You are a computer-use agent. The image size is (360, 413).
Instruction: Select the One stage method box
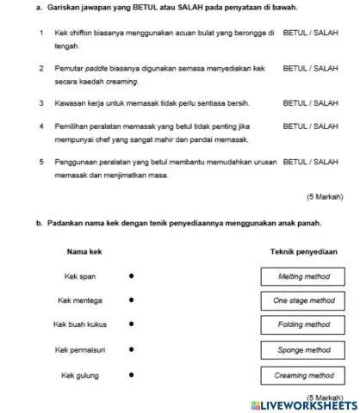(x=304, y=301)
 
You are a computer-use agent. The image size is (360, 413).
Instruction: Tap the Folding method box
(x=304, y=325)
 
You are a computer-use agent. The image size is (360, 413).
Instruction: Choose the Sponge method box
(x=304, y=350)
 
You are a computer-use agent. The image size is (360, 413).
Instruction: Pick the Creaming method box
(x=304, y=375)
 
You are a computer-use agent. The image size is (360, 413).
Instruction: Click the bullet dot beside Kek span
(x=130, y=277)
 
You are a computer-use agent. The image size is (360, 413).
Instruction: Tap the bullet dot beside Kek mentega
(x=130, y=301)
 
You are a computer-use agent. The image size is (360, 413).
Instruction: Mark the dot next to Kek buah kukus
(x=130, y=325)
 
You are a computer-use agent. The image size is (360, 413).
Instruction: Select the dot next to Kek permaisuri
(x=130, y=350)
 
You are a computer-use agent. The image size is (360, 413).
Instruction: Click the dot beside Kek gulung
(x=130, y=375)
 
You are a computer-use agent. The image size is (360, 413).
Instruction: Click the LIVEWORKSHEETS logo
(x=301, y=404)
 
